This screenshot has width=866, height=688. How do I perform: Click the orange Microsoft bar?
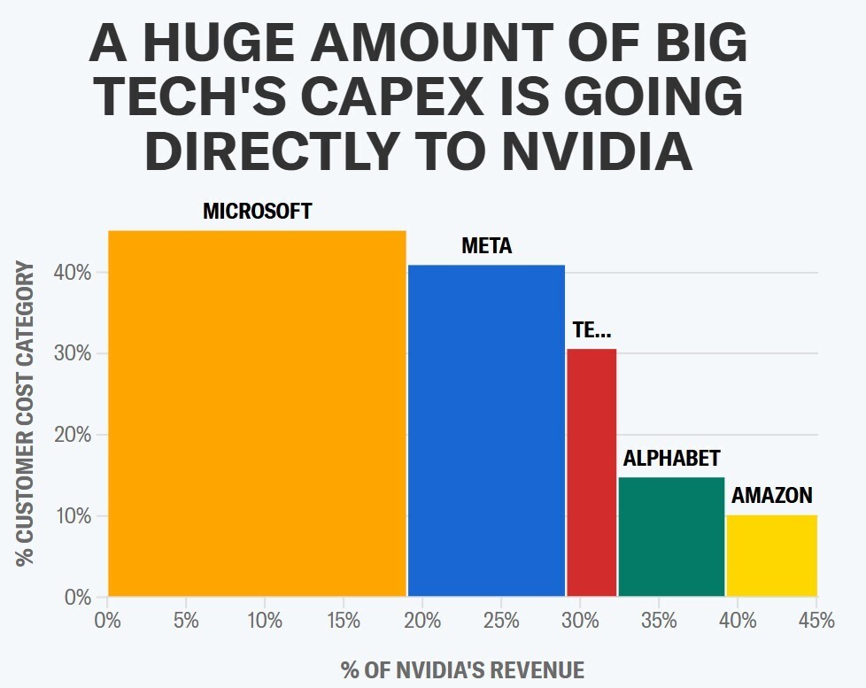pyautogui.click(x=257, y=414)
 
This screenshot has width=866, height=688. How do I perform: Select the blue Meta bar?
pyautogui.click(x=486, y=430)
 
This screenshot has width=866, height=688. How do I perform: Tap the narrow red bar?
pyautogui.click(x=592, y=472)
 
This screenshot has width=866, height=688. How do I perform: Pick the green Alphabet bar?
pyautogui.click(x=671, y=537)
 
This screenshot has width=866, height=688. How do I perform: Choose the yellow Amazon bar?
pyautogui.click(x=771, y=555)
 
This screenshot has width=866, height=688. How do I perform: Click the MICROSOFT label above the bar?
pyautogui.click(x=258, y=212)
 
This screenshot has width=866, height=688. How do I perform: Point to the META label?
pyautogui.click(x=487, y=246)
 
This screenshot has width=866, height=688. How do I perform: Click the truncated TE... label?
pyautogui.click(x=592, y=331)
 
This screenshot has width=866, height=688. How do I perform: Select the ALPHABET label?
pyautogui.click(x=671, y=459)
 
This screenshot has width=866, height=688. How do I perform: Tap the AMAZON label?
pyautogui.click(x=771, y=496)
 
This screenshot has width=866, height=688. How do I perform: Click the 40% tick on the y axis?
pyautogui.click(x=76, y=273)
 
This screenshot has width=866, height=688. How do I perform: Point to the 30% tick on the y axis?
pyautogui.click(x=76, y=354)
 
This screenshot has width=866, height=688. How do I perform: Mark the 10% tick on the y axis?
pyautogui.click(x=76, y=516)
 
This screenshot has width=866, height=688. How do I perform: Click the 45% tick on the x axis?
pyautogui.click(x=816, y=621)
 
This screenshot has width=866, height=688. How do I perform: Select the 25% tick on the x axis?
pyautogui.click(x=501, y=621)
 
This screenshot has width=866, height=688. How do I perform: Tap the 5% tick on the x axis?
pyautogui.click(x=186, y=621)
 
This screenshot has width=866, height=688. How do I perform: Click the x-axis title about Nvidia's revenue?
pyautogui.click(x=462, y=669)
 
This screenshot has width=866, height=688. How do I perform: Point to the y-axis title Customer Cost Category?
pyautogui.click(x=26, y=414)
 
